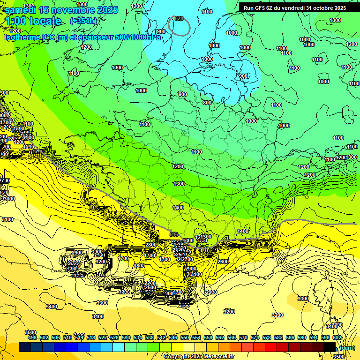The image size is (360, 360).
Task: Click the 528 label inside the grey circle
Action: click(x=179, y=18)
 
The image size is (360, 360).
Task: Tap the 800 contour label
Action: click(x=207, y=103)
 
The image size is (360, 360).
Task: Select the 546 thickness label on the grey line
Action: click(x=174, y=234)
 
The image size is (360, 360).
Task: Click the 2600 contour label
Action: click(x=223, y=262)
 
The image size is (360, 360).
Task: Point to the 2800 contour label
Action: click(x=151, y=245)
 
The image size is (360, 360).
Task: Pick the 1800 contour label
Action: click(x=139, y=266)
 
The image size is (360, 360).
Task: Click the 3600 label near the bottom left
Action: click(x=30, y=332)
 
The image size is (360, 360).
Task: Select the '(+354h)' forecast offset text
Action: click(x=83, y=21)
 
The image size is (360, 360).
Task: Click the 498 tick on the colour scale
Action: click(x=32, y=337)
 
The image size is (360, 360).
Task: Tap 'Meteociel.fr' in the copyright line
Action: click(x=217, y=356)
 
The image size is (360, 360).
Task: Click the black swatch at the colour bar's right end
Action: click(x=330, y=347)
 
